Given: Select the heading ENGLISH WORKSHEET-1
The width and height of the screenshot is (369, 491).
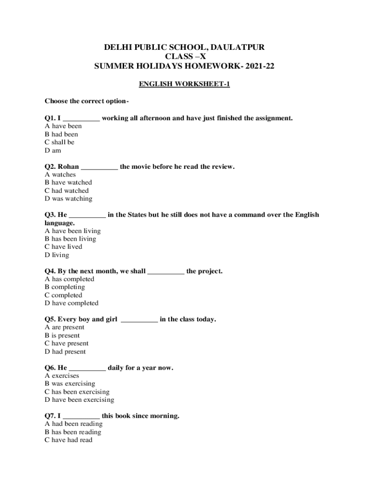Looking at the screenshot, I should tap(184, 84).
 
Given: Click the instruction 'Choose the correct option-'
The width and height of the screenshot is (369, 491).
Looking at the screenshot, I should tap(87, 101).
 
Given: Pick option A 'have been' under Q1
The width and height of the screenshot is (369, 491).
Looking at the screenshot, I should tap(63, 126).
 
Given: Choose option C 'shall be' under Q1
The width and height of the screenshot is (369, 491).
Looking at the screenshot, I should tap(59, 142).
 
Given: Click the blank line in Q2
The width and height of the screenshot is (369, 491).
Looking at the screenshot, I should tap(99, 167).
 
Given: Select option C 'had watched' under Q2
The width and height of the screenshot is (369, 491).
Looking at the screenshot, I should tap(67, 191).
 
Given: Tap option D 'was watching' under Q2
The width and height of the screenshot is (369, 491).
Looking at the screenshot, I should tap(69, 199).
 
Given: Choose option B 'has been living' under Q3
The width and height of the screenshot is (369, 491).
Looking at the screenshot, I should tap(70, 239).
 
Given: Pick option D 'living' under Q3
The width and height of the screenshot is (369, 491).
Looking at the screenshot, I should tap(57, 255).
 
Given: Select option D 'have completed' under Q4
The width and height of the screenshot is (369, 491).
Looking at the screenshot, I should tap(71, 303).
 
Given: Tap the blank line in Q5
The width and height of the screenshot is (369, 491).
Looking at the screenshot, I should tap(139, 319).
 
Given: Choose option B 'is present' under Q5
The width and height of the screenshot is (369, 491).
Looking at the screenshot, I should tap(62, 336).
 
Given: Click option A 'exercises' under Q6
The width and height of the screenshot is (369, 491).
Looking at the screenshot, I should tap(62, 376).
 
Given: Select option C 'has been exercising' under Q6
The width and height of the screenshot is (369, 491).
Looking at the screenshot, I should tap(77, 392).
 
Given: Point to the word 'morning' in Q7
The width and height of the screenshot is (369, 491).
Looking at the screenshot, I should tap(164, 416).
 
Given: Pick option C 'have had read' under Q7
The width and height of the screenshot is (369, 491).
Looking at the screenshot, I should tap(69, 440).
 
